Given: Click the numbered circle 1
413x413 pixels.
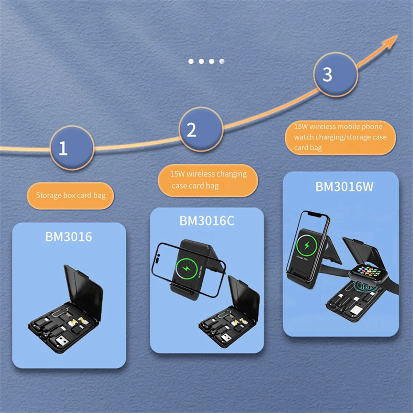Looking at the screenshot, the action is click(72, 148).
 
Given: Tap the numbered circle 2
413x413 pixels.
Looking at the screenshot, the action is click(201, 129).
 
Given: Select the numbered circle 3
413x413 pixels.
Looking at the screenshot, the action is click(335, 74).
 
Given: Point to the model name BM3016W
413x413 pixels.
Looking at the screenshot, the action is click(344, 187).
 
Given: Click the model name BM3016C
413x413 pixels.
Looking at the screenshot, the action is click(207, 221).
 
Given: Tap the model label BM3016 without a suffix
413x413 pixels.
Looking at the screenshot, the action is click(69, 237).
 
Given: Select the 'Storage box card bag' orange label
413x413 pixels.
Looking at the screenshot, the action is click(71, 195).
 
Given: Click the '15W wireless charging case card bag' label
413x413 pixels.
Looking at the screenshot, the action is click(208, 180).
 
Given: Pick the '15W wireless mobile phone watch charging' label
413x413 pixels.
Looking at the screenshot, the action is click(340, 137).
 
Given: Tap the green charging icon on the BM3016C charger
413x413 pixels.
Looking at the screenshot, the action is click(186, 267).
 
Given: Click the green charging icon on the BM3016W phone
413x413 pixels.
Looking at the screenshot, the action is click(306, 245).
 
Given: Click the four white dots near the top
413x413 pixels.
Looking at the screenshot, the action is click(206, 61).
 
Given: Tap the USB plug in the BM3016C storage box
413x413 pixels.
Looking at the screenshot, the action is click(225, 338).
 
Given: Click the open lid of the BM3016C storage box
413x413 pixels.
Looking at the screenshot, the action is click(244, 298).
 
